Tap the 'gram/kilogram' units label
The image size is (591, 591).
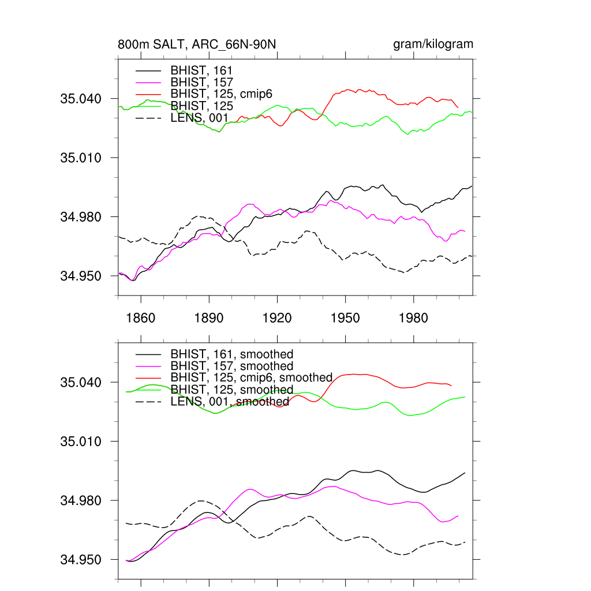tap(433, 44)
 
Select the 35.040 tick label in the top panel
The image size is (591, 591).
tap(81, 99)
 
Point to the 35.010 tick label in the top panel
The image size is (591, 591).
tap(81, 158)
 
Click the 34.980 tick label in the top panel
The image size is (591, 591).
tap(81, 217)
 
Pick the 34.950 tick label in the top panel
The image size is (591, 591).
tap(81, 276)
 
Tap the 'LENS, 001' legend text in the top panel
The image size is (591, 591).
tap(200, 118)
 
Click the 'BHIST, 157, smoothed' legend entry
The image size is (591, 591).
tap(231, 366)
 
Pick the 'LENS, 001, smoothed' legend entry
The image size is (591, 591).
tap(230, 401)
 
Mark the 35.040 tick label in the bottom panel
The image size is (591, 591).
tap(81, 382)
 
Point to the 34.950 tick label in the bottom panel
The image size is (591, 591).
tap(81, 559)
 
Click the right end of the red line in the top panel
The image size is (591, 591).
tap(458, 107)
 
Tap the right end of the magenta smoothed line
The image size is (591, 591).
tap(458, 515)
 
